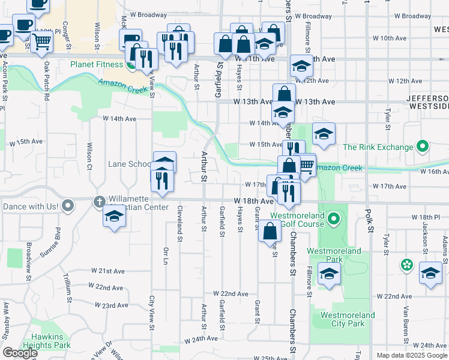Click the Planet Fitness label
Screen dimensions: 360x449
click(x=97, y=65)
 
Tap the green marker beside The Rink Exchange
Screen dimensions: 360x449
click(x=423, y=146)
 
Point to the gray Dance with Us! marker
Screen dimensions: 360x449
click(x=68, y=206)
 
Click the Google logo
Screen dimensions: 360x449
click(x=20, y=353)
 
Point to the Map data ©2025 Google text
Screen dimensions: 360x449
click(x=412, y=355)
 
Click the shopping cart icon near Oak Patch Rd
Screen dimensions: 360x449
click(x=42, y=41)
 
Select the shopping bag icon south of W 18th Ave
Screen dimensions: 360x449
click(x=270, y=231)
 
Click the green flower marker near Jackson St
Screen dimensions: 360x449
click(x=407, y=265)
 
